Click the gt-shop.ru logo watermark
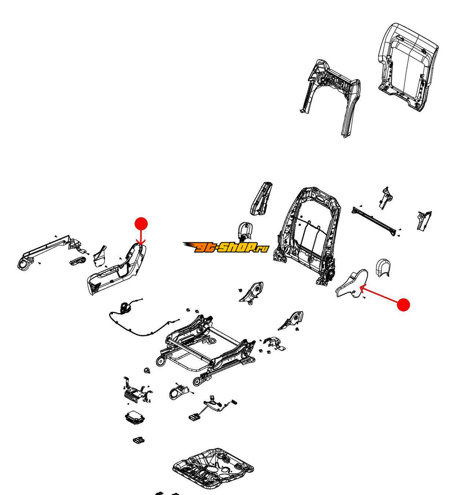pyautogui.click(x=226, y=247)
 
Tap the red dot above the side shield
pyautogui.click(x=141, y=224)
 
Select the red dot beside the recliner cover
pyautogui.click(x=403, y=305)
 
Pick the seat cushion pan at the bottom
pyautogui.click(x=213, y=467)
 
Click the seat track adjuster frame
pyautogui.click(x=205, y=345)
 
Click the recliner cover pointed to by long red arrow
pyautogui.click(x=351, y=284)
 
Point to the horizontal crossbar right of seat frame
pyautogui.click(x=374, y=220)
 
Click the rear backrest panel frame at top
pyautogui.click(x=330, y=95)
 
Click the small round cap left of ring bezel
pyautogui.click(x=148, y=370)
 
